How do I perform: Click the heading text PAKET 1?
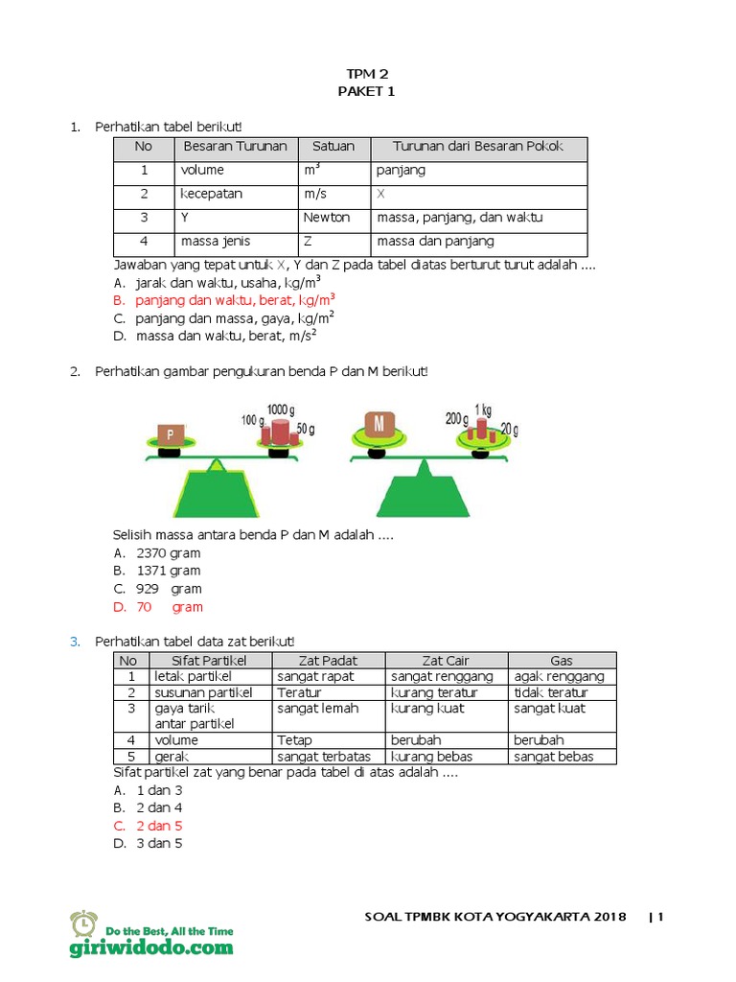pos(366,91)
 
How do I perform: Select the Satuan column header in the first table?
pos(333,147)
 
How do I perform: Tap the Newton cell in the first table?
pos(327,218)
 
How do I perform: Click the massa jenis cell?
pos(212,241)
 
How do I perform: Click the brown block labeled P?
pos(171,433)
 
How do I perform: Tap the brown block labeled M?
pos(379,424)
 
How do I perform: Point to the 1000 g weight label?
pos(282,409)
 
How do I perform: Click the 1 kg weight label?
pos(483,409)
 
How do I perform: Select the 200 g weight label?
pos(455,418)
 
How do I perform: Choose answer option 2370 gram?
pos(169,553)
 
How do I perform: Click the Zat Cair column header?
pos(446,660)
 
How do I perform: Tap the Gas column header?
pos(562,660)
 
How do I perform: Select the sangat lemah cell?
pos(317,709)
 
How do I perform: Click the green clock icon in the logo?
pos(83,924)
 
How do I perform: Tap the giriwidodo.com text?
pos(150,947)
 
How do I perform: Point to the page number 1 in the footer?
pos(660,917)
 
